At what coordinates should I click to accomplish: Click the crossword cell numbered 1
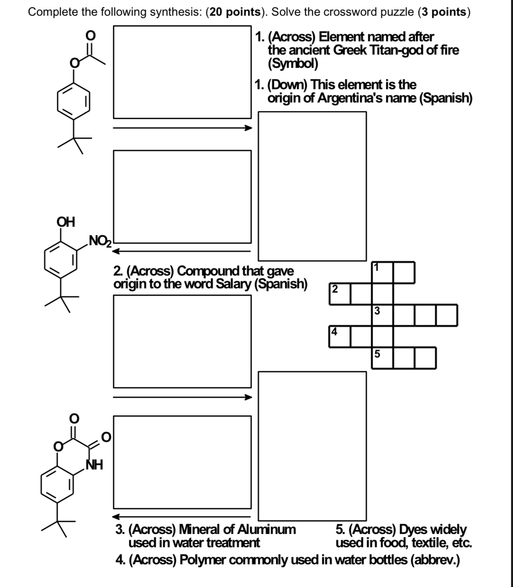tap(382, 272)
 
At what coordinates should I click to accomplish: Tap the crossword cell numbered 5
tap(382, 358)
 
